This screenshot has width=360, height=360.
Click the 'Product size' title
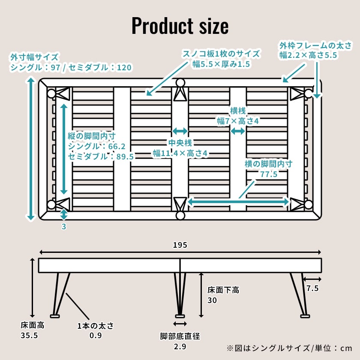pos(180,26)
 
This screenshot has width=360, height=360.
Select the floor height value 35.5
pos(30,335)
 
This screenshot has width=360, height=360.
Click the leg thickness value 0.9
pos(96,335)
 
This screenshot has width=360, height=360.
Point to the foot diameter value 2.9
pos(180,347)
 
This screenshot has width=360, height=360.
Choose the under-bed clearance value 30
pos(212,300)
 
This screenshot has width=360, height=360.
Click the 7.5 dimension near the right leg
pos(312,288)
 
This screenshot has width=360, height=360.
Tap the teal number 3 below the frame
pos(64,227)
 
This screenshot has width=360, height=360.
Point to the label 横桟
pos(237,111)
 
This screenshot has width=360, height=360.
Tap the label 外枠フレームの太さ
pos(315,45)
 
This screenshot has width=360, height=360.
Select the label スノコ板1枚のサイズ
pos(221,54)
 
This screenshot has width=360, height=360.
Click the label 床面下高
pos(223,290)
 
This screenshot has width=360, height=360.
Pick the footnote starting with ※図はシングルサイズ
pos(288,348)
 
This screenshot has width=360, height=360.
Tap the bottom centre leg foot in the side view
pos(180,316)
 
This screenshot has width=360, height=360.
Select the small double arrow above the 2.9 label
pos(180,324)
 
